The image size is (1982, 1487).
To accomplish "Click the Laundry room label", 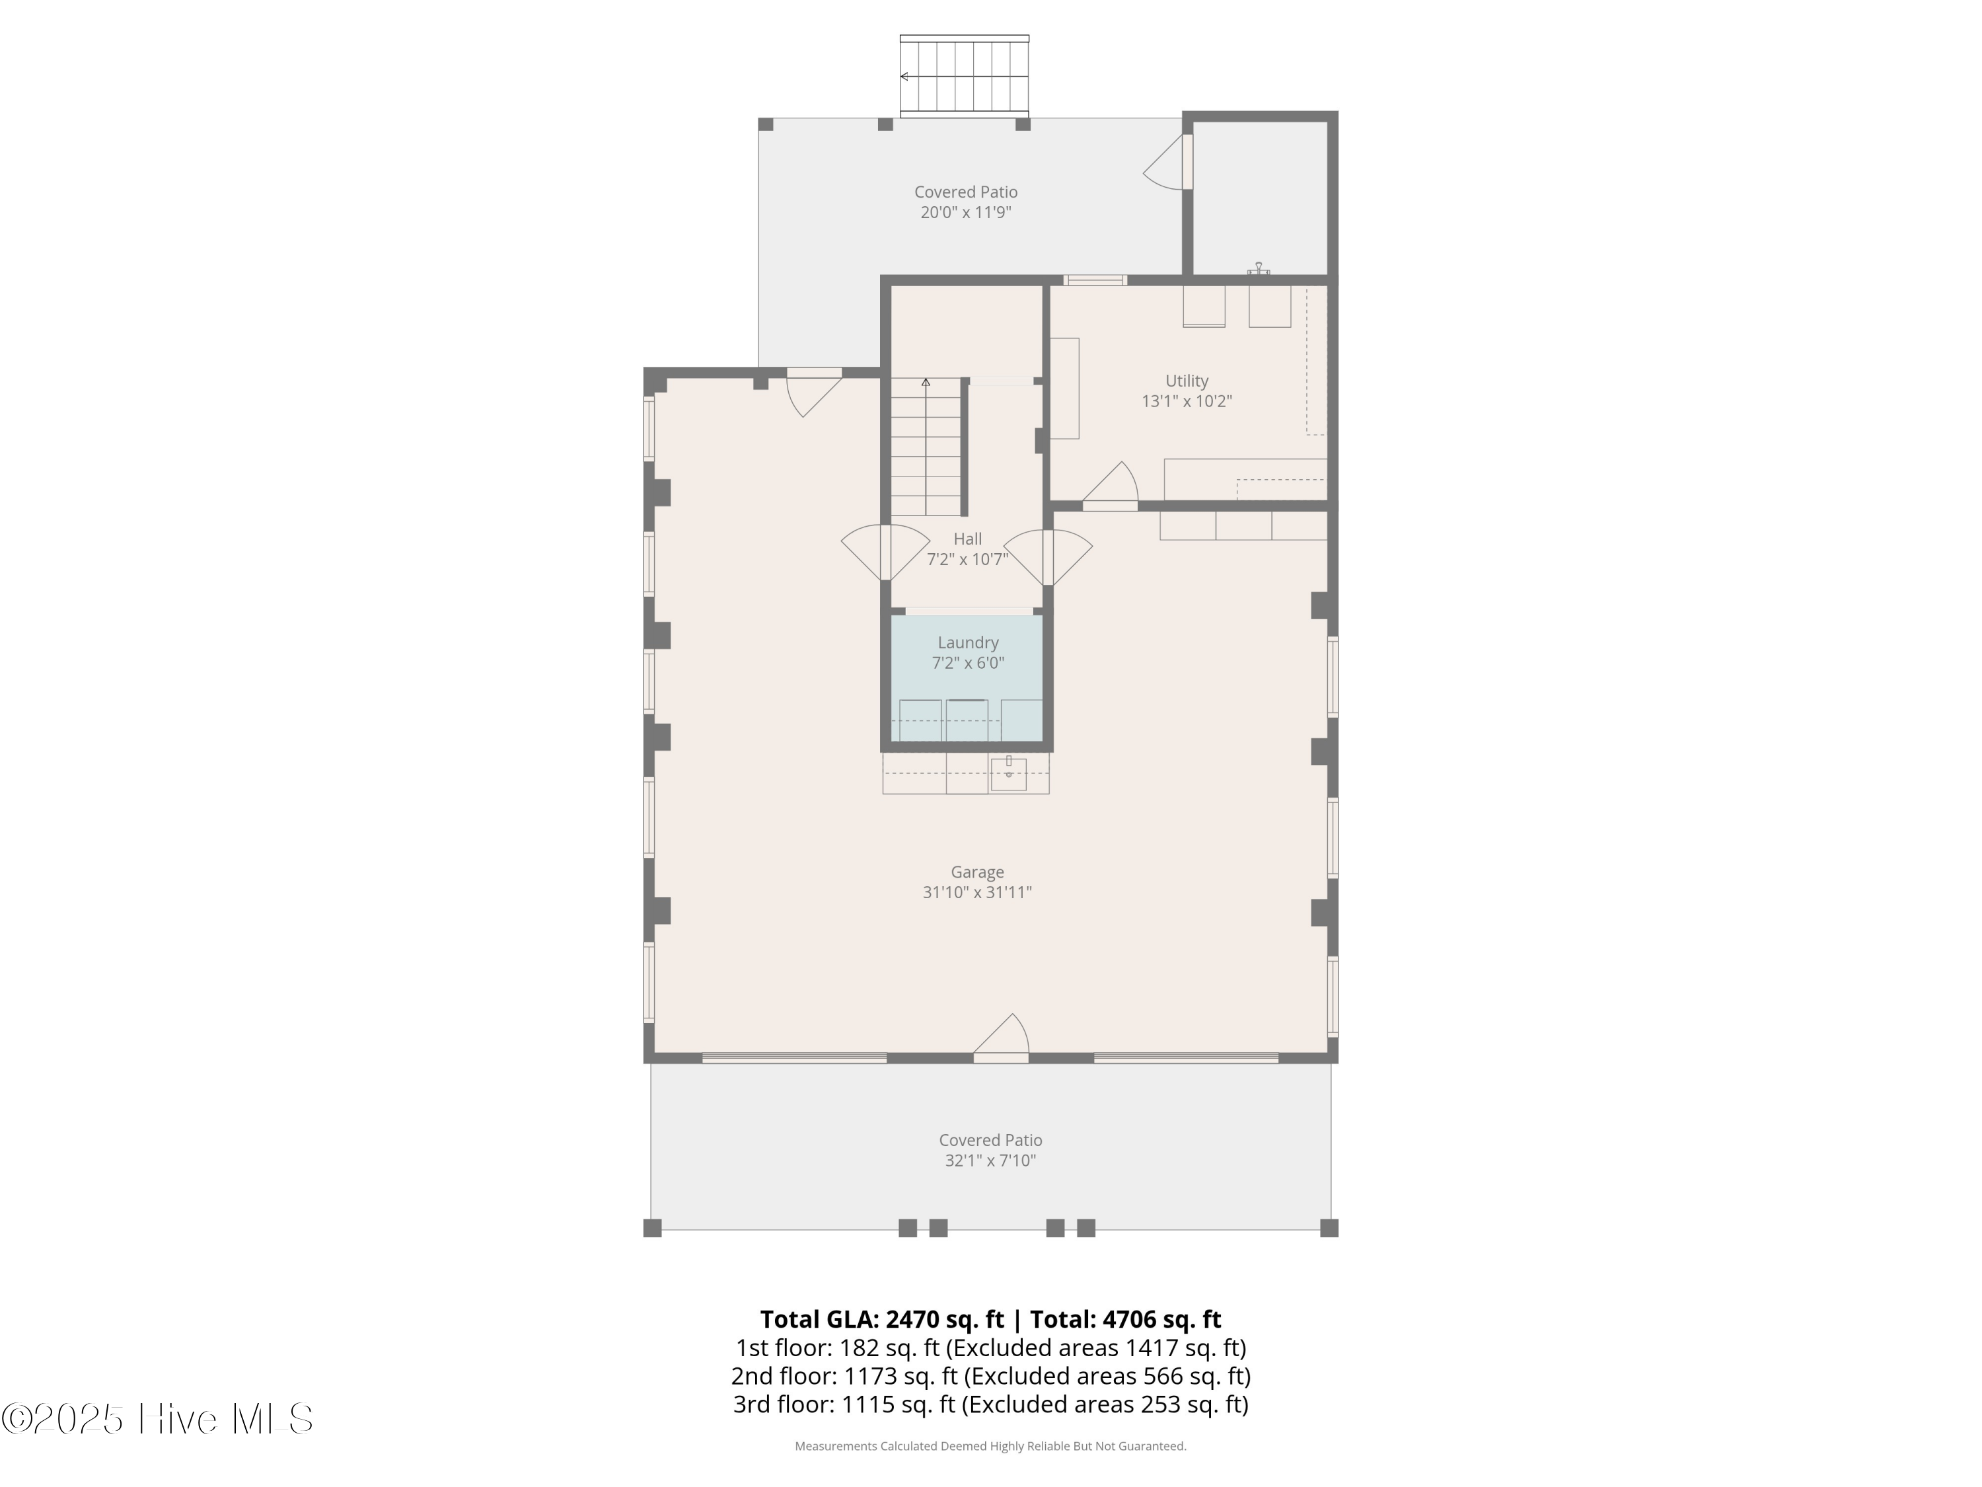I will pyautogui.click(x=968, y=642).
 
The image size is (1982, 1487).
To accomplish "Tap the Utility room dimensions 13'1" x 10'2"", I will pyautogui.click(x=1187, y=402).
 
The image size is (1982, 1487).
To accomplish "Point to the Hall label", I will pyautogui.click(x=968, y=539).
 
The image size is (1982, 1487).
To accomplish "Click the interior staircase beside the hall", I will pyautogui.click(x=926, y=448).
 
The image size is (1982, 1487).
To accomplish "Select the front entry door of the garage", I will pyautogui.click(x=1002, y=1040).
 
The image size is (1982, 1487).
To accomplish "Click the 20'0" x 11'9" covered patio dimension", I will pyautogui.click(x=966, y=212).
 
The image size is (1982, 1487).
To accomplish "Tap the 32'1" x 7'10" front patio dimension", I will pyautogui.click(x=990, y=1161).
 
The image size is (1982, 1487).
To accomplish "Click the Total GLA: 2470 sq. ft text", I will pyautogui.click(x=882, y=1318).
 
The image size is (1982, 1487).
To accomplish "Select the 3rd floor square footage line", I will pyautogui.click(x=990, y=1404).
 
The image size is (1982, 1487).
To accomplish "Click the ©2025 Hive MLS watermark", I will pyautogui.click(x=157, y=1419).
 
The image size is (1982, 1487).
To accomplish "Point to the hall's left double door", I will pyautogui.click(x=885, y=551).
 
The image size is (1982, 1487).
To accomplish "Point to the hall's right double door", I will pyautogui.click(x=1047, y=556).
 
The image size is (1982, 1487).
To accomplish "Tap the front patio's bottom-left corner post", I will pyautogui.click(x=652, y=1228).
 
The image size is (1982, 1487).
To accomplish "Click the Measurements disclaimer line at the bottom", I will pyautogui.click(x=990, y=1446).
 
